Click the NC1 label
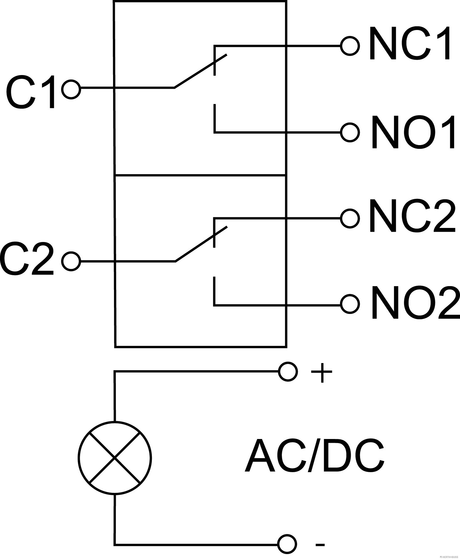410,44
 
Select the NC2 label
412,216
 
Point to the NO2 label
415,303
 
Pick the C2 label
28,259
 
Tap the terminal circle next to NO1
350,133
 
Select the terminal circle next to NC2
350,218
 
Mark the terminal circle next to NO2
350,304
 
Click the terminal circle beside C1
71,89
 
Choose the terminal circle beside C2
71,261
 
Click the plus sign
321,372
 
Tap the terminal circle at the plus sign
287,372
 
